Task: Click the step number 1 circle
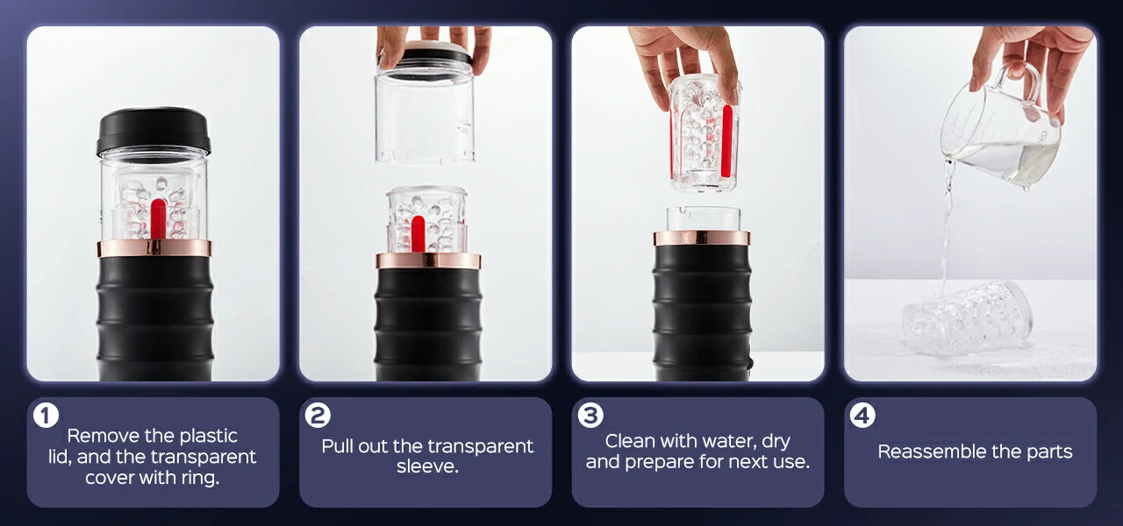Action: click(46, 416)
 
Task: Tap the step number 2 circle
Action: click(318, 416)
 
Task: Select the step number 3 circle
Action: click(590, 416)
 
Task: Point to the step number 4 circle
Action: click(862, 416)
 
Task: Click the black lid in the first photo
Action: click(154, 131)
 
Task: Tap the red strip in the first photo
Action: click(158, 218)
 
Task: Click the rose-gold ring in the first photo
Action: click(154, 248)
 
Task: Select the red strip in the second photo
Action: click(418, 233)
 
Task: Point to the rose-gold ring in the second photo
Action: click(428, 261)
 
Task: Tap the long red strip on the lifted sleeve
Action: click(726, 141)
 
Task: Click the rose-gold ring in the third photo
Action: click(702, 238)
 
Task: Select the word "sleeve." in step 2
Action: click(427, 467)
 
